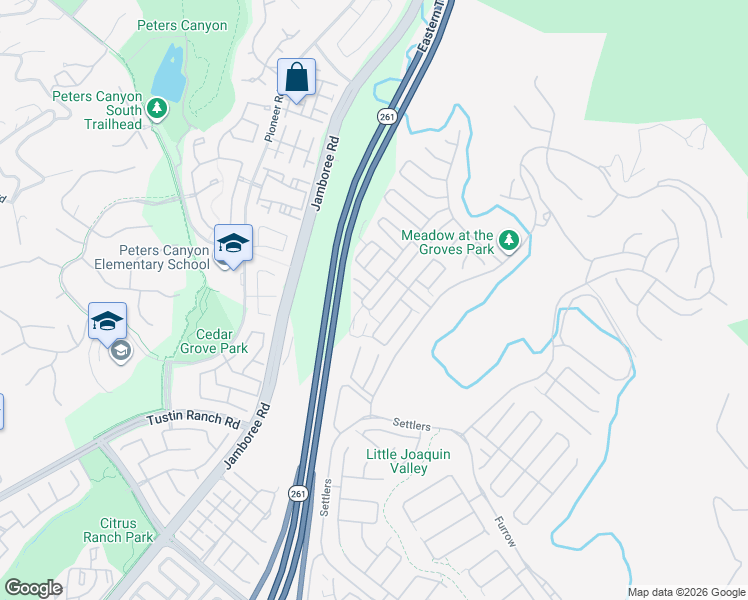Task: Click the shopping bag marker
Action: click(296, 77)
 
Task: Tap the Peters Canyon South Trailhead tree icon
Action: click(156, 108)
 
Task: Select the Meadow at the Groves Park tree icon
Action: click(509, 240)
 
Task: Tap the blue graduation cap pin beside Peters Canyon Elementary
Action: click(233, 243)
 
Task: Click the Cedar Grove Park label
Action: click(214, 341)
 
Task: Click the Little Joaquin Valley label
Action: click(409, 461)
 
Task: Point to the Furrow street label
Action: click(505, 531)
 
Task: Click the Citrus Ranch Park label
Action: click(126, 530)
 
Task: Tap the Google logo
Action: click(33, 588)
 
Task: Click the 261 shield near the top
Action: click(387, 117)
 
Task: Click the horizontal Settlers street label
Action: click(411, 426)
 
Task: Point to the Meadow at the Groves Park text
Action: click(448, 242)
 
